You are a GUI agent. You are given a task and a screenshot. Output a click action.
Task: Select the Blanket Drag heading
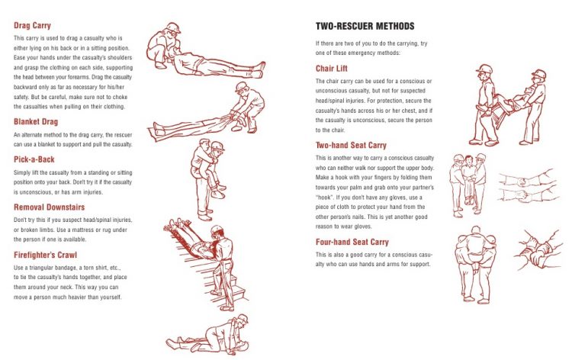[x=39, y=121]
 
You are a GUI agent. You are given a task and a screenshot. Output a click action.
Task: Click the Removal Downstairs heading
[x=49, y=206]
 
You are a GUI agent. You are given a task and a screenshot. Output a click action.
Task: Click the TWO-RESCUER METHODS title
[x=366, y=26]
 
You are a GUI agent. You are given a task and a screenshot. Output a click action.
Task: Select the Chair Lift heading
[x=333, y=69]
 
